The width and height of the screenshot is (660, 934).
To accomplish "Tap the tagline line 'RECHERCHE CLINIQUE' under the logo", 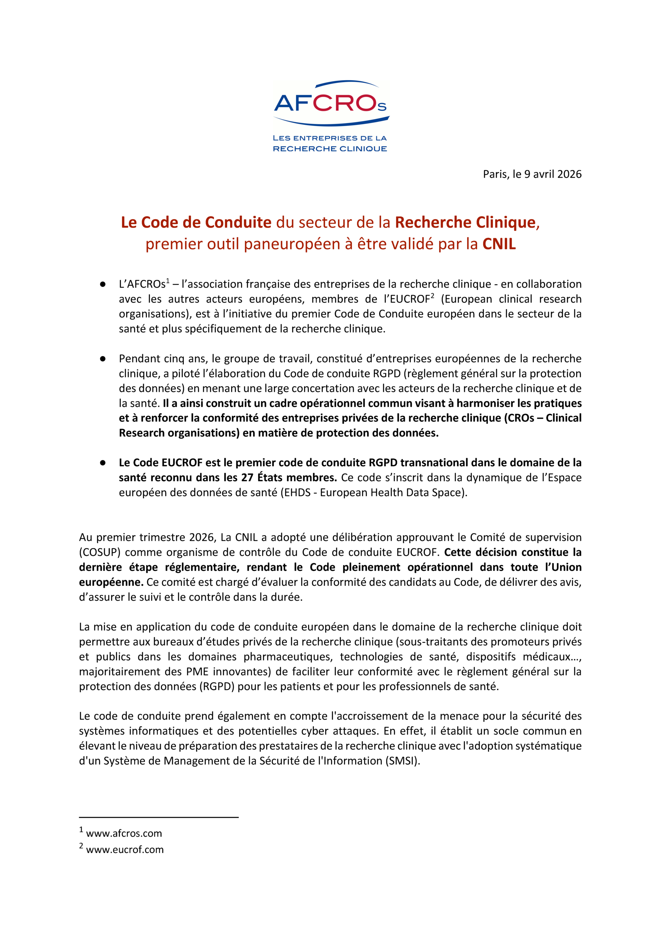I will point(330,149).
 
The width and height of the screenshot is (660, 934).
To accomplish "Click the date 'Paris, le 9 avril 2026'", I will point(532,174).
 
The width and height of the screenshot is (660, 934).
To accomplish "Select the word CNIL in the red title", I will point(499,244).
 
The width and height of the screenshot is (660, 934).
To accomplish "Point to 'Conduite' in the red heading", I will point(238,223).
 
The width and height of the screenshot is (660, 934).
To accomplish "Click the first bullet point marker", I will point(103,284).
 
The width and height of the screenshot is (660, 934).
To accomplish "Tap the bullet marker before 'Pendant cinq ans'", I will point(103,359).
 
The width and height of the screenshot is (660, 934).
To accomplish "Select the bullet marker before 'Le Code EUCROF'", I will point(103,463).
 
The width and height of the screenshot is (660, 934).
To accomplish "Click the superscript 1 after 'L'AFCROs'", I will point(167,281).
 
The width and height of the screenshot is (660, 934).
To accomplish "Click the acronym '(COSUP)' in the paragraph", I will point(99,552).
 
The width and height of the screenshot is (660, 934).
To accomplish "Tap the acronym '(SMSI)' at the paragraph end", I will point(403,761).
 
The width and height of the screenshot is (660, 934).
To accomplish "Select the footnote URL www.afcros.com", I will point(124,834).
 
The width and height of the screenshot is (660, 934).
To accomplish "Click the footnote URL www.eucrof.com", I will point(125,850).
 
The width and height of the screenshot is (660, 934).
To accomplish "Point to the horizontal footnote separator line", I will point(159,817).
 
